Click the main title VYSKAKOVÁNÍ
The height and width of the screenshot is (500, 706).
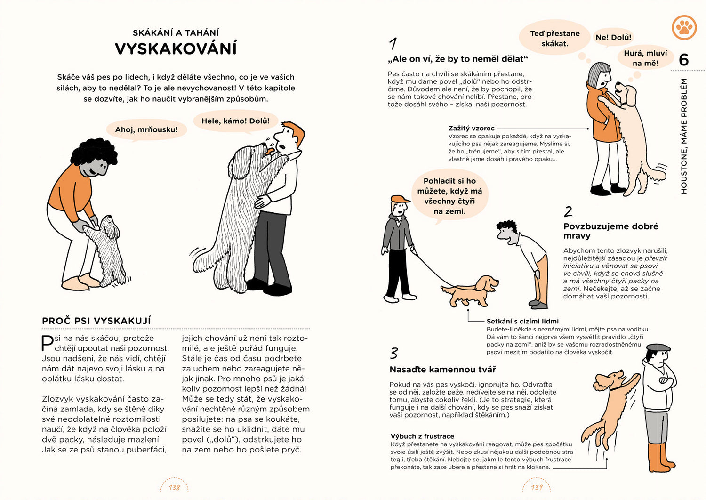click(x=176, y=49)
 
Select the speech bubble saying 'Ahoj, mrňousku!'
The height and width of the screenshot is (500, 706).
click(x=146, y=129)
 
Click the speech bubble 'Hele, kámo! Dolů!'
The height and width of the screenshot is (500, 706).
click(x=235, y=121)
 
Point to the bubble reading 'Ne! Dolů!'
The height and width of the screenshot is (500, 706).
click(x=613, y=37)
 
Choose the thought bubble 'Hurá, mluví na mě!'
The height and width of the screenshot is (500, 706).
click(x=645, y=58)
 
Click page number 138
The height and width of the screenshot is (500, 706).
click(x=174, y=487)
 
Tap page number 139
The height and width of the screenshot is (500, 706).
click(x=537, y=487)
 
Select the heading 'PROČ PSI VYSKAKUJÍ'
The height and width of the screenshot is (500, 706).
click(x=96, y=321)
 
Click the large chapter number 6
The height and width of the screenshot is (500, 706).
click(x=683, y=60)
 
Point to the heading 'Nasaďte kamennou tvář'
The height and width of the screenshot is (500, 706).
click(x=442, y=370)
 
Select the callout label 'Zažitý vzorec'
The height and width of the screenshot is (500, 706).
click(x=471, y=128)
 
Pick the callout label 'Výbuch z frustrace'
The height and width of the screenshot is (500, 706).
click(x=422, y=436)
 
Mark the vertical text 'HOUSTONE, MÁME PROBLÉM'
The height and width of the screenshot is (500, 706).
click(x=684, y=136)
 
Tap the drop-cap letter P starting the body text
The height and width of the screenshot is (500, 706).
click(x=47, y=342)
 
